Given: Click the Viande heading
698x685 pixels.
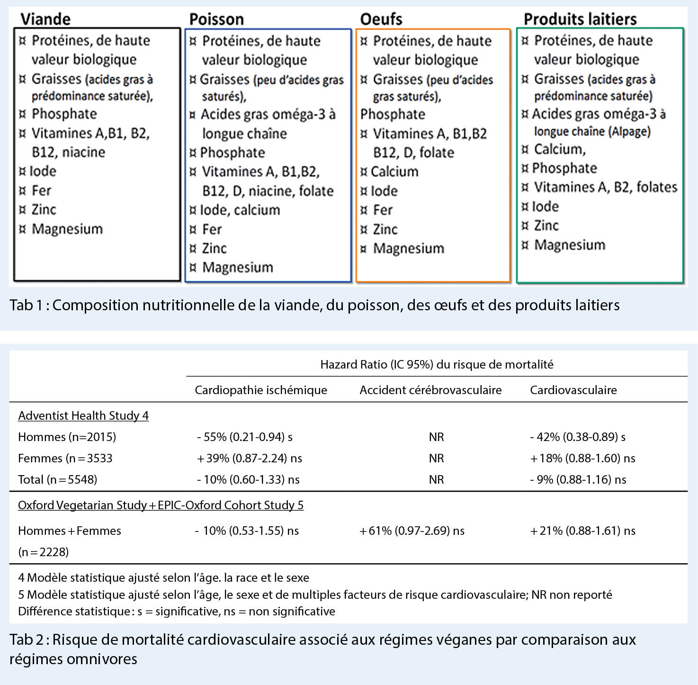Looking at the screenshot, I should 45,19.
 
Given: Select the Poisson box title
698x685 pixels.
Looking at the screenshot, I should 216,19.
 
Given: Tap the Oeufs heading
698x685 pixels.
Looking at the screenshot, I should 381,19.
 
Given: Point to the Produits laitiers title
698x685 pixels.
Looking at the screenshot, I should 580,19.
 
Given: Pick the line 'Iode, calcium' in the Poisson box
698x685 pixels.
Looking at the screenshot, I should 240,210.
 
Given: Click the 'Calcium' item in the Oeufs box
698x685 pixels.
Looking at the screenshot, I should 394,171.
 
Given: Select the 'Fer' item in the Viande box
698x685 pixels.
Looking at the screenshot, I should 41,190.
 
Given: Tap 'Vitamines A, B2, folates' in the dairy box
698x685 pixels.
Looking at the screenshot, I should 605,187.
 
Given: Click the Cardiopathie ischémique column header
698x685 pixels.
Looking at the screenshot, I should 261,390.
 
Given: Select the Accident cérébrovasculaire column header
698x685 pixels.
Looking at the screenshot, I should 430,390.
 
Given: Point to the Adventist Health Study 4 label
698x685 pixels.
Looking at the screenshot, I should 83,415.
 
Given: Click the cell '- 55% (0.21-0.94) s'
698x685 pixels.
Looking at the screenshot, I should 245,437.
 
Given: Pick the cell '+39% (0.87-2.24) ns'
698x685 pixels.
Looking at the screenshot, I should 250,458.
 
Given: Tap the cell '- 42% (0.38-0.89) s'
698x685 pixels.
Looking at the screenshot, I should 578,437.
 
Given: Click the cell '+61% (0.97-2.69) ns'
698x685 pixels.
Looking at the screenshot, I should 412,531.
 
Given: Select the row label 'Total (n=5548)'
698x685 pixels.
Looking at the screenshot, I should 57,479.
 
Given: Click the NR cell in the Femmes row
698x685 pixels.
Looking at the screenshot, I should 436,458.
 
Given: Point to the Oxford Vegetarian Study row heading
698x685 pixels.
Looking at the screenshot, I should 161,505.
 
